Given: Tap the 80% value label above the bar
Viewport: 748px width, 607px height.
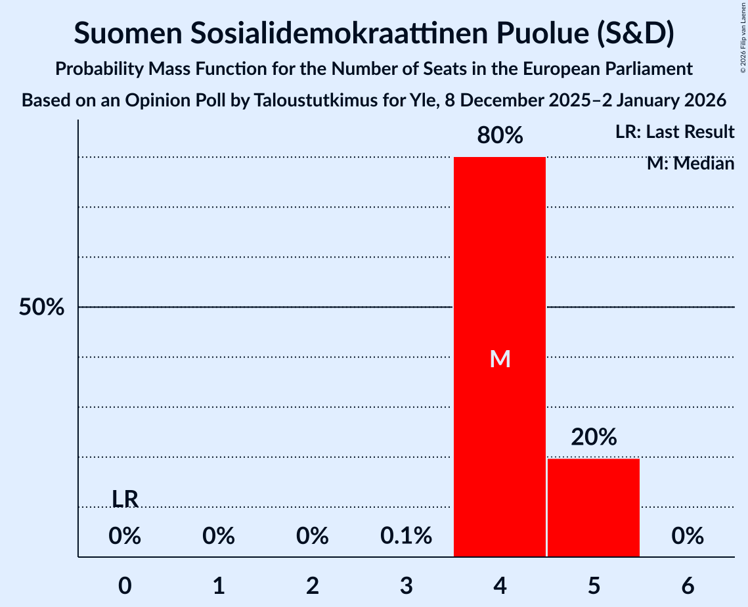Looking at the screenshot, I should click(500, 136).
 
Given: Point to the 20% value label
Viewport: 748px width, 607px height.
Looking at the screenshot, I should click(594, 437).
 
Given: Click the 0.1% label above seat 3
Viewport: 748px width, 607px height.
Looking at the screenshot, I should click(406, 537).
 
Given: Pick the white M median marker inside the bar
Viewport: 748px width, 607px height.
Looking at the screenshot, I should click(500, 359).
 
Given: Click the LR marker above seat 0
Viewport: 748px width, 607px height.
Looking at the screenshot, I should click(125, 499).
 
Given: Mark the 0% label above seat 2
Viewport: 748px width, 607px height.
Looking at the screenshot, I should click(313, 537).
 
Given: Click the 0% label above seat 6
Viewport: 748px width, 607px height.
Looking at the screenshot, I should click(688, 537).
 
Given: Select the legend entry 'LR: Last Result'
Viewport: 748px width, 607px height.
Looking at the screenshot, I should click(674, 132).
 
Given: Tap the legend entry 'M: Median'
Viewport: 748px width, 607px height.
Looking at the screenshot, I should click(690, 163).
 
